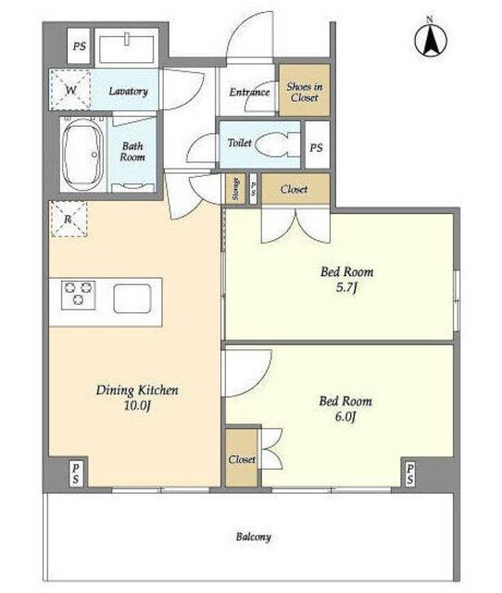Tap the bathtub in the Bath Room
point(82,155)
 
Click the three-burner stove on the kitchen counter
point(78,295)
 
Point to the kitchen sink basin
point(132,298)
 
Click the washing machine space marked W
point(70,90)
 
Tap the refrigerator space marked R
point(69,219)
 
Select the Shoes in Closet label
point(305,92)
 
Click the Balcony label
point(253,536)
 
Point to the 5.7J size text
point(346,288)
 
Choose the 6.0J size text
point(345,417)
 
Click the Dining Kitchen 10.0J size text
point(137,406)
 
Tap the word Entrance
point(249,92)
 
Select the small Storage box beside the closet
point(236,189)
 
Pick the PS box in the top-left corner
point(79,46)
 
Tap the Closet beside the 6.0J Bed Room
point(242,458)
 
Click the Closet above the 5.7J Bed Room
point(295,189)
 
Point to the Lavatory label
point(128,91)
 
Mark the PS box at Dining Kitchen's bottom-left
point(76,473)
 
